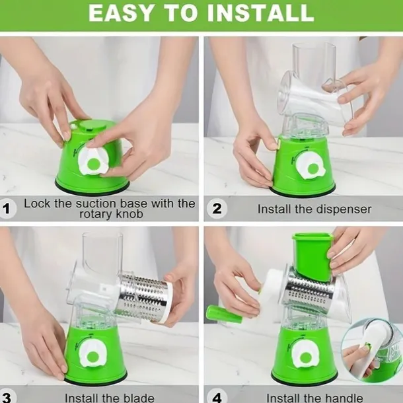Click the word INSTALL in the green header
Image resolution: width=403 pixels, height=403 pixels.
click(260, 13)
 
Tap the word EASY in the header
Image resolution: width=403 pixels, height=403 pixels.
click(121, 13)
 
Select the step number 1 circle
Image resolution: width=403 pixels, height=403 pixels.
click(7, 209)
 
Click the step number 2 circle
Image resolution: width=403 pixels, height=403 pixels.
click(217, 209)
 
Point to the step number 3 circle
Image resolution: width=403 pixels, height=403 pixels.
click(6, 397)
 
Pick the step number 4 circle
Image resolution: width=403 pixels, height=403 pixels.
click(217, 397)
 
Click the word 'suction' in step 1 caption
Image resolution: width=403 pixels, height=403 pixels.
click(96, 203)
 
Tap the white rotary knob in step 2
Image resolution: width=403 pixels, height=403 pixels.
click(311, 166)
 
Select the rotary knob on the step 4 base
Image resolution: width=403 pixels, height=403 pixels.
click(306, 355)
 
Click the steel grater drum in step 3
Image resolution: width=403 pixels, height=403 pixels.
click(143, 297)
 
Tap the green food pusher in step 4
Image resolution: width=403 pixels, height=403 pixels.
click(312, 256)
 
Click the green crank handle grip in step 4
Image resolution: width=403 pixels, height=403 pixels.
click(224, 314)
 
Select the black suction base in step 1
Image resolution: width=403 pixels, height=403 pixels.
click(92, 187)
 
